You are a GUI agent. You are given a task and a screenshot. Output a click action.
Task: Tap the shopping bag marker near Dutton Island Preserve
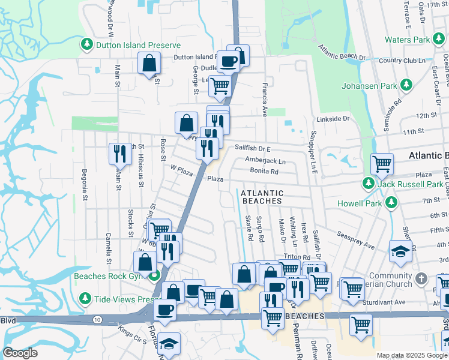pos(149,63)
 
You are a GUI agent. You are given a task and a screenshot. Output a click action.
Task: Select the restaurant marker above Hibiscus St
pos(119,154)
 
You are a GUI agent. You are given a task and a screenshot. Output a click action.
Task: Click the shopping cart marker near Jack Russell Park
pos(381,163)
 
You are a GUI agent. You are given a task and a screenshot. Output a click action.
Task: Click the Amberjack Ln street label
pos(265,161)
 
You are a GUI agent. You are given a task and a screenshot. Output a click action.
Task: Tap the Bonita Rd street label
pos(265,172)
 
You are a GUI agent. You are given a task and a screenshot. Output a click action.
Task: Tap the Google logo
pos(20,353)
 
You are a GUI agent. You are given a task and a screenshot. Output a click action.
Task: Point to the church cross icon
pos(422,278)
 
